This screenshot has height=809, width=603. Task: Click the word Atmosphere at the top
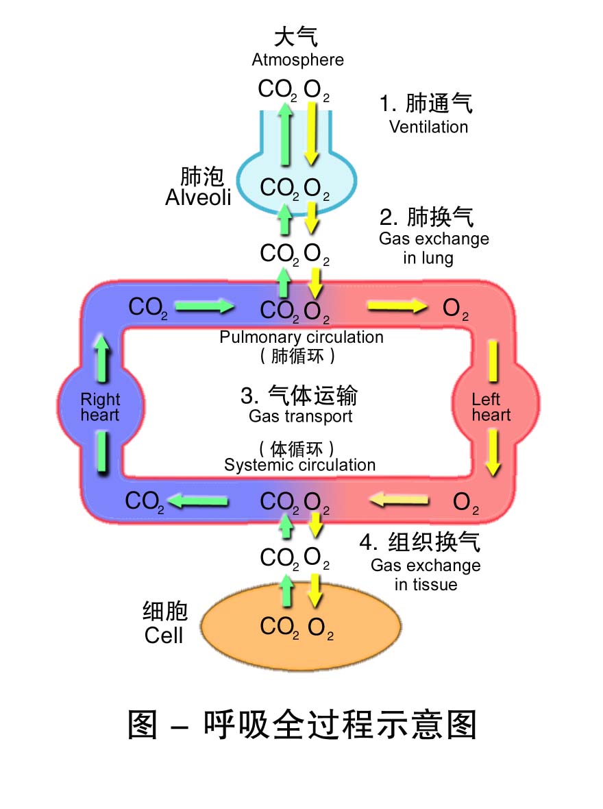tap(297, 60)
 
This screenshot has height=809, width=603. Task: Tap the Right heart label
tap(100, 407)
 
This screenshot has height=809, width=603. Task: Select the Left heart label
tap(491, 407)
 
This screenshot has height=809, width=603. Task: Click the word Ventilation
tap(428, 127)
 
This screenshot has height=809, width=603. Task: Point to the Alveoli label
tap(198, 198)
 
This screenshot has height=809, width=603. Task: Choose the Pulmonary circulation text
tap(301, 337)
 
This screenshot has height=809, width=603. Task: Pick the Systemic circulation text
tap(299, 465)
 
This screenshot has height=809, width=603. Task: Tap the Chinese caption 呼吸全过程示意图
tap(301, 724)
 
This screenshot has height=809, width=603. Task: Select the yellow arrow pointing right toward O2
tap(397, 306)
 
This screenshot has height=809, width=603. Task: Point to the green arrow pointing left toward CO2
tap(198, 502)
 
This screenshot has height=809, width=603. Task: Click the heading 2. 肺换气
tap(426, 217)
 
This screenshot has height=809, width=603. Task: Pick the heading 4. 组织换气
tap(419, 542)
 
